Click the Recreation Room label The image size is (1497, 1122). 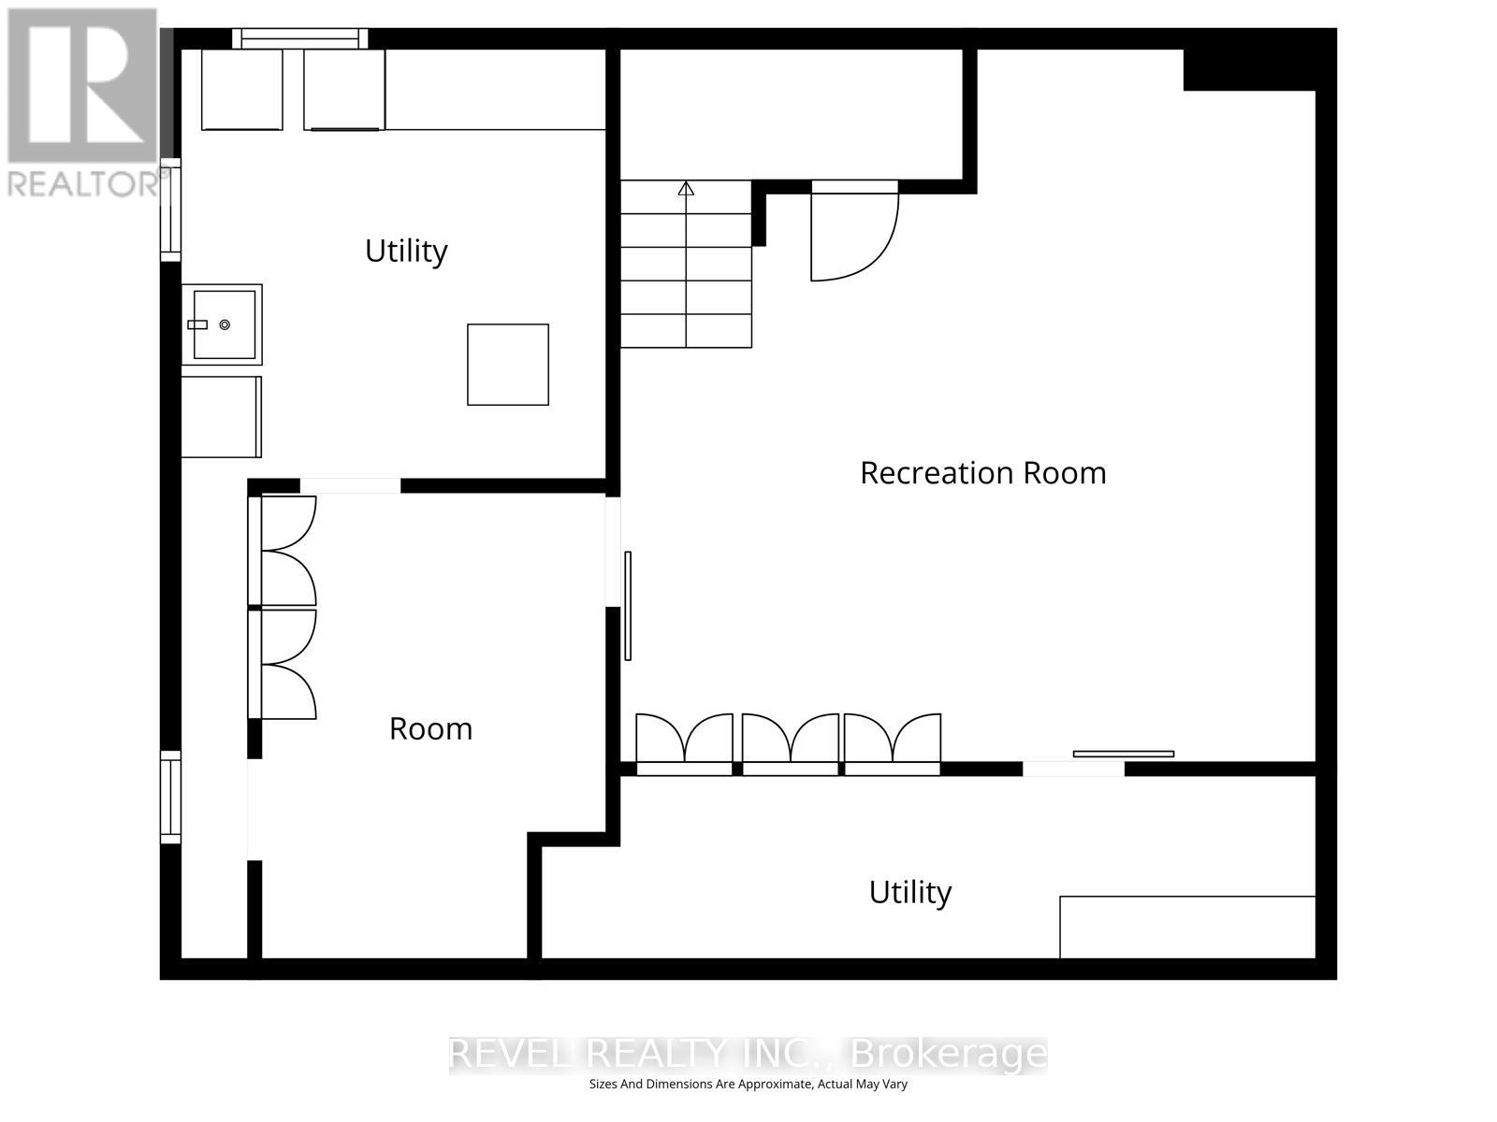click(x=982, y=473)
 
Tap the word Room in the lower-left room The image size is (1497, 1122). click(x=430, y=728)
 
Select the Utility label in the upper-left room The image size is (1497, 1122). click(x=406, y=251)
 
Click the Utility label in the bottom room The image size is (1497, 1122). click(x=909, y=892)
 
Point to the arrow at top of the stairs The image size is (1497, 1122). click(x=686, y=189)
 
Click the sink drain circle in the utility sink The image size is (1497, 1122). click(x=225, y=324)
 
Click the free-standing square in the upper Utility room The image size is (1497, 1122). click(x=508, y=365)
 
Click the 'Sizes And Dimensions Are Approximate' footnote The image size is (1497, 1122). click(x=748, y=1085)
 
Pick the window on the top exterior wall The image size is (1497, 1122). click(x=299, y=38)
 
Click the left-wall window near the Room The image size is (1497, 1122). click(x=170, y=797)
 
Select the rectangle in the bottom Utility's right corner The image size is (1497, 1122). click(x=1186, y=927)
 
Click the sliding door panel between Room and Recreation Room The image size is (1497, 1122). click(x=628, y=606)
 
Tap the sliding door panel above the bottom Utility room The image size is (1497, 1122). click(x=1123, y=754)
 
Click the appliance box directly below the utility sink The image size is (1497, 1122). click(x=221, y=417)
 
